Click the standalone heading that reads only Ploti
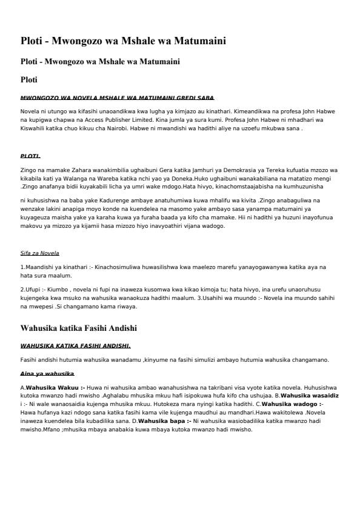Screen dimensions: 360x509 [x=29, y=79]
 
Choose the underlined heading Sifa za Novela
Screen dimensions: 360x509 [x=39, y=253]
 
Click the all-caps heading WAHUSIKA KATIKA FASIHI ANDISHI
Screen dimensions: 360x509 [x=76, y=346]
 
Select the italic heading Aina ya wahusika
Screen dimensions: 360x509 [x=47, y=374]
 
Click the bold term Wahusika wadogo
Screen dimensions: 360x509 [x=290, y=403]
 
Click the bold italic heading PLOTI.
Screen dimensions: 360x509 [x=30, y=156]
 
